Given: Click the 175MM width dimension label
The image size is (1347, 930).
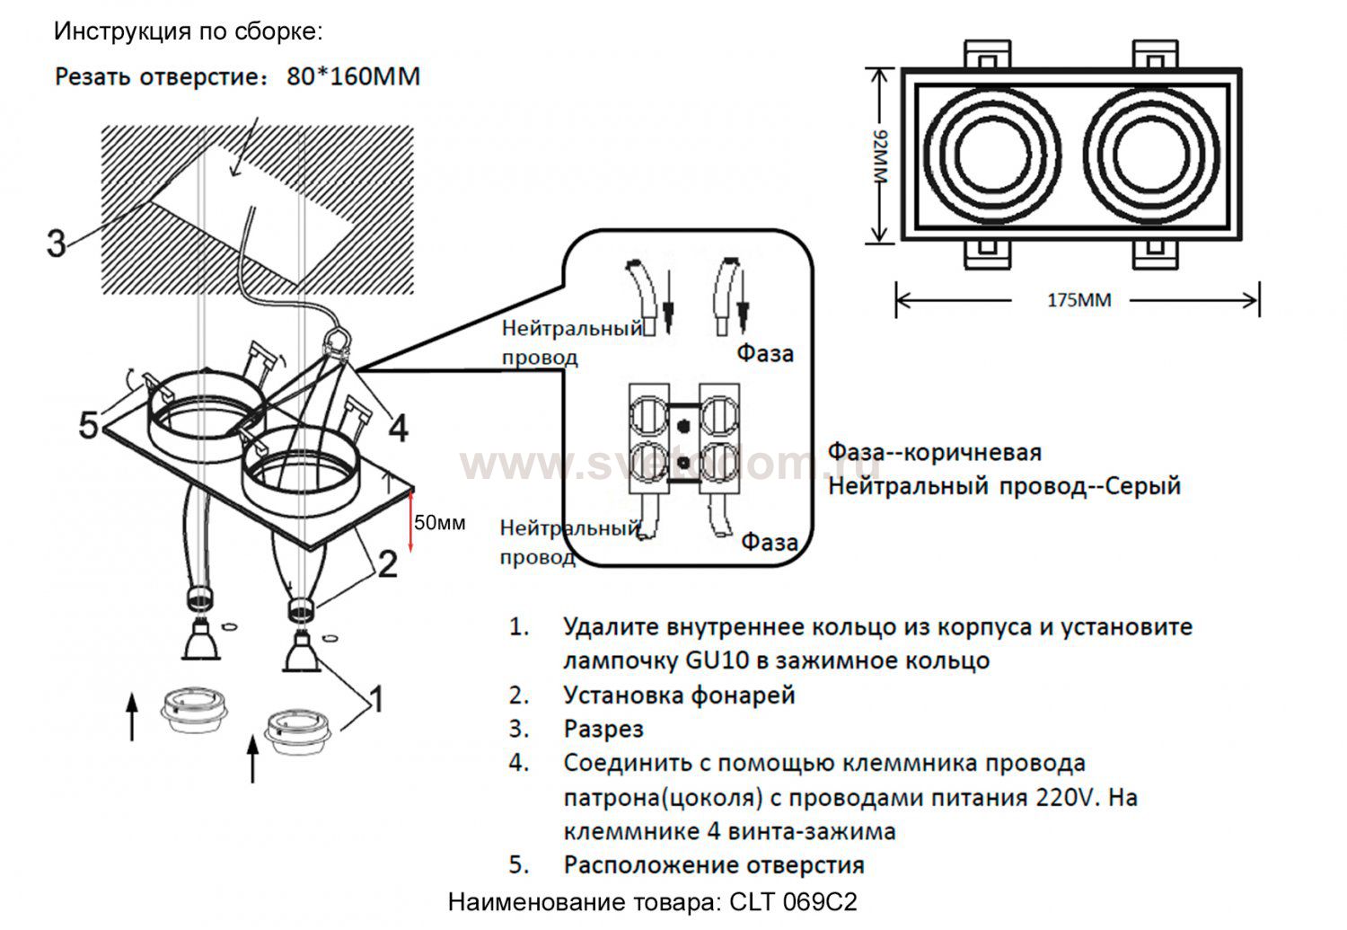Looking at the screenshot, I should point(1078,300).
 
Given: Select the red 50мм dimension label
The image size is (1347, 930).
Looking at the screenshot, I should point(439,523).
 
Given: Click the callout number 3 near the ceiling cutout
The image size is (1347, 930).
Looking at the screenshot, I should point(57,243).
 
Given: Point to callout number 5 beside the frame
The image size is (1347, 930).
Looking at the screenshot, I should point(88,424).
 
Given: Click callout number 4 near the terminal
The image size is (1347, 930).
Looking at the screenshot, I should point(398,429).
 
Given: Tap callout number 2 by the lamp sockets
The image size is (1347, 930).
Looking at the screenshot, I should point(387,564).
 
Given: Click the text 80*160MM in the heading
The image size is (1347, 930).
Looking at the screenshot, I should point(354,76).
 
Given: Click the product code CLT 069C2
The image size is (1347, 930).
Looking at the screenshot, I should point(794,901).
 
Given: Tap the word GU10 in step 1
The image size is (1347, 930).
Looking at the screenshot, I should point(713,660).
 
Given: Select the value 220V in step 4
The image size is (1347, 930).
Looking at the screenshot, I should point(1068,797).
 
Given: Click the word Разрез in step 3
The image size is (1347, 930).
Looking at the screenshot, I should point(603,729).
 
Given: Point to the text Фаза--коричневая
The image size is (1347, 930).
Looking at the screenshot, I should point(934,452).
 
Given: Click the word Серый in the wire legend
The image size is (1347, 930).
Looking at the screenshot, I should point(1142,487).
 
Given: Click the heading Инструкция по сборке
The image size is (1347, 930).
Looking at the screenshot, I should point(189,31).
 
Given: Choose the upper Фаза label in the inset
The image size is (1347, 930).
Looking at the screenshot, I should point(765,353).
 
